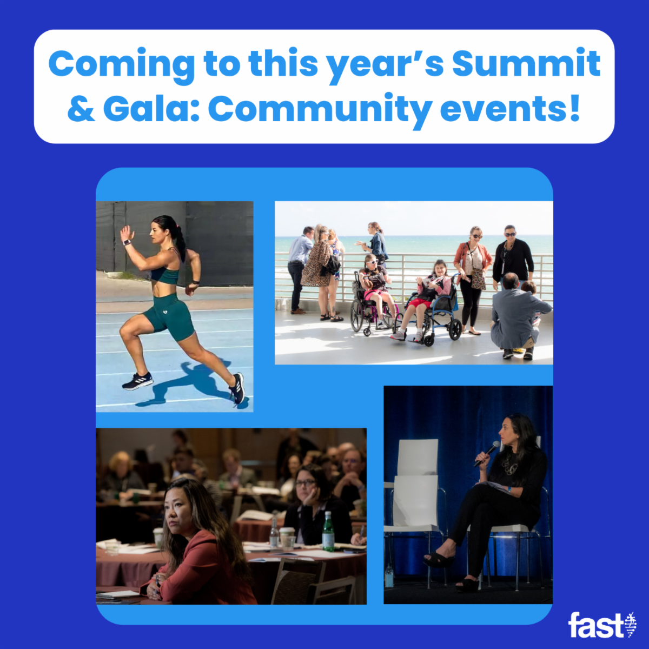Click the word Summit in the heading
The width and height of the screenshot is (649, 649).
[x=526, y=64]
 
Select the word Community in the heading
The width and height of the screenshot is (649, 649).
[x=319, y=110]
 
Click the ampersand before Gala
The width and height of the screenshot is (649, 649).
[x=81, y=109]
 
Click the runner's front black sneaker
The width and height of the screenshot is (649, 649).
[x=137, y=381]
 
